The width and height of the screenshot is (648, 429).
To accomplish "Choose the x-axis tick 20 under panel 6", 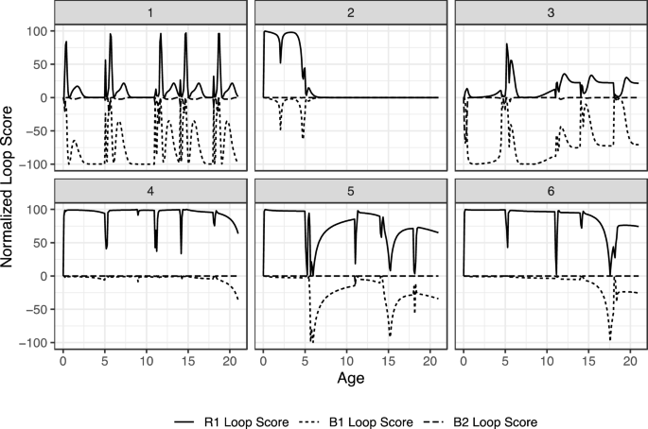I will [629, 360].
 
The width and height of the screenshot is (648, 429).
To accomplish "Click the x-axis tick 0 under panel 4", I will [63, 360].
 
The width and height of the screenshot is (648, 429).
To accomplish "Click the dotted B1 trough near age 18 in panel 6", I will [610, 339].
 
